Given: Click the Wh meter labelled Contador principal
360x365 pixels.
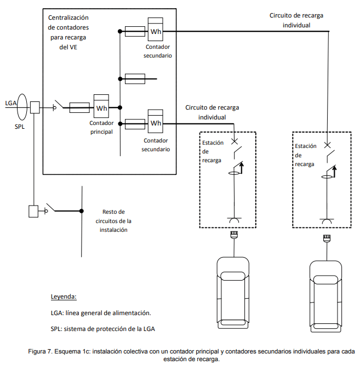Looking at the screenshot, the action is point(101,106).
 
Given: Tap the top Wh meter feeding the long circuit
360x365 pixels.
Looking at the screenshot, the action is point(156,30).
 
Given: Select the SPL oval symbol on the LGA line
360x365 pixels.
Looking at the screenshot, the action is point(22,107).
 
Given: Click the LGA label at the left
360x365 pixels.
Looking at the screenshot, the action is point(11,103).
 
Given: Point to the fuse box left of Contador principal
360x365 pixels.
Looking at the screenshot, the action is point(79,108).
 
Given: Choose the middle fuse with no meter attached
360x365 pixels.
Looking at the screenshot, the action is point(135,79).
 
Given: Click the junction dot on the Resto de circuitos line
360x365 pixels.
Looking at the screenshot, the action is point(82,211).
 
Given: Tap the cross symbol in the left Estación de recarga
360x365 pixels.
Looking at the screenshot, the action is point(235,141).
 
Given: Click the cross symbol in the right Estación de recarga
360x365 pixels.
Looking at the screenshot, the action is point(328,145).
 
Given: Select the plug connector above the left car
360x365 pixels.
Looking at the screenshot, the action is point(234,235).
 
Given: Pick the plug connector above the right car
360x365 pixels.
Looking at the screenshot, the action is point(327,238).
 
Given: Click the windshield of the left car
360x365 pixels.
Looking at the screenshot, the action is point(233,276).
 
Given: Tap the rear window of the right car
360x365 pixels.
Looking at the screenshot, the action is point(326,326).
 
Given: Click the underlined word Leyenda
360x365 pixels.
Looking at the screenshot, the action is point(64,296).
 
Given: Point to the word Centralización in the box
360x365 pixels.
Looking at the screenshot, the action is point(68,18).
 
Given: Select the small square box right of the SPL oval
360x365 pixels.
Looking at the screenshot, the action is point(35,107).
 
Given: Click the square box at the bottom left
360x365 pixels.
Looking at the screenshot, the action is point(33,212).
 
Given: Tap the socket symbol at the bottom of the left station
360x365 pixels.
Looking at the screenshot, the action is point(234,220).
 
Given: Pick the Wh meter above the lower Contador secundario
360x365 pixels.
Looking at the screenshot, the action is point(156,121).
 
